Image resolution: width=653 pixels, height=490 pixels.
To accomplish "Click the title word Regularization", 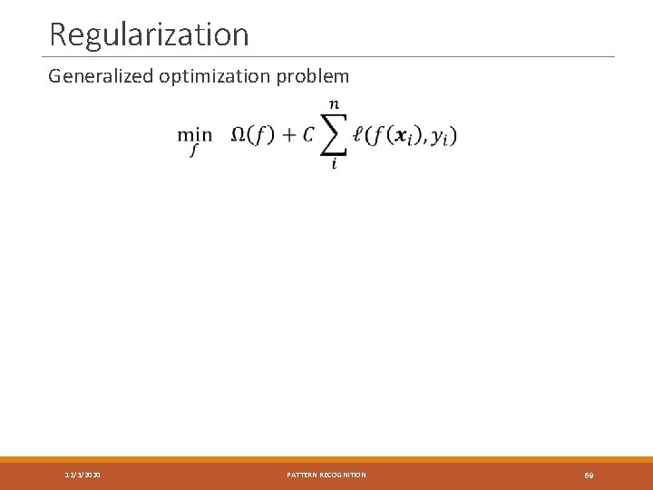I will (149, 34).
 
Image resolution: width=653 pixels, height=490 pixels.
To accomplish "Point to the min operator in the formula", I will (194, 134).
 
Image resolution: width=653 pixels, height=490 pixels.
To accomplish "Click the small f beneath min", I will (194, 151).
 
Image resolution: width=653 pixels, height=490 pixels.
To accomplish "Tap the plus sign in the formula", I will (289, 135).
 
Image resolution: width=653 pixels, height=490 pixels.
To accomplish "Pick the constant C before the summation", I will (308, 134).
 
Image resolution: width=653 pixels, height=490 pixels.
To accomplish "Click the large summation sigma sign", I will (334, 135).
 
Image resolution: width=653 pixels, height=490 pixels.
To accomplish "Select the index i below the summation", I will (334, 164).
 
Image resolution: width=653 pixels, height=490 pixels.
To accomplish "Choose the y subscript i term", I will (441, 137).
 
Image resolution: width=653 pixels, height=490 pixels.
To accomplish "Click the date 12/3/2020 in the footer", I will (83, 475).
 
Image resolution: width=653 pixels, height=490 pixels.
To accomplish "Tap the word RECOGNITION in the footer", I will (345, 475).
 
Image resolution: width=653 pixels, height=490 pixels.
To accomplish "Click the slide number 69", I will (589, 475).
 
